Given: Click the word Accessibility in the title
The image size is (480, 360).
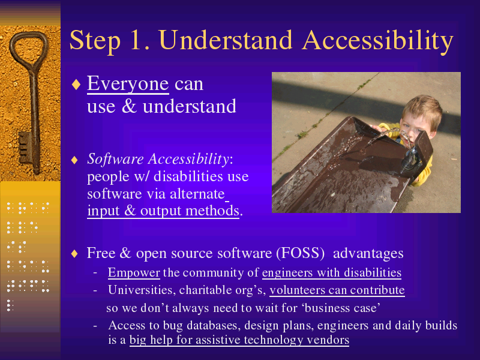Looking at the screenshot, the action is click(x=377, y=41).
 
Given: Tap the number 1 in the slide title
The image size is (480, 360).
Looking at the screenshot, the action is click(x=137, y=40).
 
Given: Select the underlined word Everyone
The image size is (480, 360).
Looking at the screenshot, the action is click(x=128, y=84).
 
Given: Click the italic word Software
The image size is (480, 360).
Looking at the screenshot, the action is click(x=115, y=159).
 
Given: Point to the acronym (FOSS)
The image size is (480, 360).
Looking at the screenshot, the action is click(x=300, y=253).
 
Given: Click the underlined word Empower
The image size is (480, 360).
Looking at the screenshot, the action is click(x=134, y=272).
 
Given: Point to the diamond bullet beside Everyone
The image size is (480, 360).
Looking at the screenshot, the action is click(x=76, y=84).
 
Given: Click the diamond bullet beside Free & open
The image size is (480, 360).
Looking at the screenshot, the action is click(x=74, y=253).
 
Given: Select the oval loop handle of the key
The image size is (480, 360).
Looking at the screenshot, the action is click(x=29, y=49).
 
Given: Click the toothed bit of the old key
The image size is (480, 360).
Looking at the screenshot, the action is click(x=25, y=147).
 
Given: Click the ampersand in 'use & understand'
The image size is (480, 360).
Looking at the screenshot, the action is click(x=129, y=106).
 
